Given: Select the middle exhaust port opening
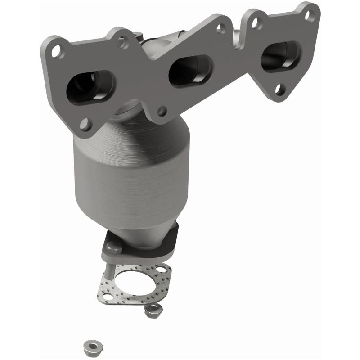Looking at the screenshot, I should tap(190, 70).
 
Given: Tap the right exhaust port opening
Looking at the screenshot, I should tap(280, 57).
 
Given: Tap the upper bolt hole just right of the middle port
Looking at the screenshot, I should tap(220, 28).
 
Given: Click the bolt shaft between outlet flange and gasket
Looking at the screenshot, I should tap(110, 268).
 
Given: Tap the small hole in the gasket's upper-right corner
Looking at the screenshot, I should tap(160, 270).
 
